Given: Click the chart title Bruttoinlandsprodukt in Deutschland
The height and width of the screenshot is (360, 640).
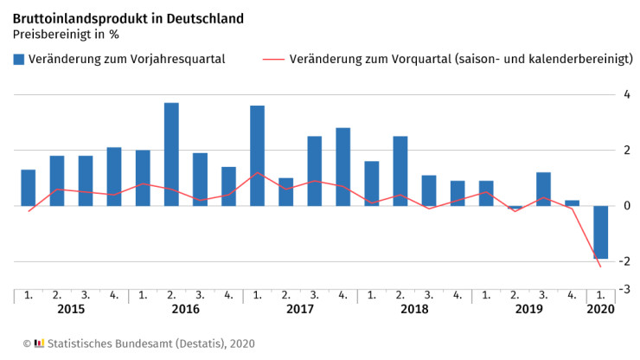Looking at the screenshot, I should tap(128, 18).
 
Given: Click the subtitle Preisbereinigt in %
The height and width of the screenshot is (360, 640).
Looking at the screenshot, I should tap(65, 35).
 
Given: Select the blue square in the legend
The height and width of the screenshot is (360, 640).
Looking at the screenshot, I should tap(18, 60).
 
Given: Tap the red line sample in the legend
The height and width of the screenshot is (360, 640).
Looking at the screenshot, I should tap(272, 60).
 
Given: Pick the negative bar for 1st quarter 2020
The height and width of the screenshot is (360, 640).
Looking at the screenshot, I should tap(600, 232).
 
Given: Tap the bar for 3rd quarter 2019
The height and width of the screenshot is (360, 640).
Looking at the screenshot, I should tap(543, 189).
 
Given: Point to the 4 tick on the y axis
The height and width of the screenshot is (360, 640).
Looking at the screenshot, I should tap(626, 93).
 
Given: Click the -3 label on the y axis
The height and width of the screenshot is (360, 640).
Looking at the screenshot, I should tap(625, 288).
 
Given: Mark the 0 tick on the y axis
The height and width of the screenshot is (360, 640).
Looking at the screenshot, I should tap(626, 206).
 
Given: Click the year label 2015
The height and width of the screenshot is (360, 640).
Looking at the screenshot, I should tap(71, 309).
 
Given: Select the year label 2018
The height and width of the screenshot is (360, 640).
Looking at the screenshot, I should tap(414, 309).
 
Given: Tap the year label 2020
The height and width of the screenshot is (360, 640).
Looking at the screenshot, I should tap(600, 309).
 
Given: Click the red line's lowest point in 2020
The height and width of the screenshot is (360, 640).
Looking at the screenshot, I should tap(600, 267).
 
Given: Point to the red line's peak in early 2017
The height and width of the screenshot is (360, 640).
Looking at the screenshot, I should tap(257, 173).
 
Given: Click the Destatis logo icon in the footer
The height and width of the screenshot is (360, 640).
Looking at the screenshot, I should tap(39, 344).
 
